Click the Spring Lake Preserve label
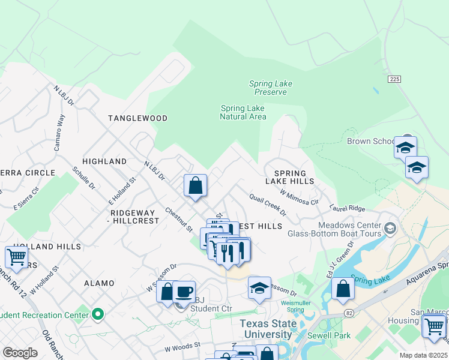point(270,88)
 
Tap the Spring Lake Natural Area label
point(243,112)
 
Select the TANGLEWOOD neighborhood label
point(137,118)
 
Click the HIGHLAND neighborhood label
point(104,161)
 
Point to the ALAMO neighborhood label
point(99,283)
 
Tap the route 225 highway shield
point(394,79)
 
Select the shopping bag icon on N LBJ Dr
point(196,185)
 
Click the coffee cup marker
point(184,292)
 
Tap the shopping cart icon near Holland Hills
point(16,257)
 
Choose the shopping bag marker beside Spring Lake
point(342,289)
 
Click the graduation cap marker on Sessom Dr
point(259,288)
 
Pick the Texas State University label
point(268,329)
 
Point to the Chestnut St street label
point(179,219)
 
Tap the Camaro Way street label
point(59,132)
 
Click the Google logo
point(20,353)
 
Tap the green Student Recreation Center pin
point(97,314)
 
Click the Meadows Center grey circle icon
point(390,228)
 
